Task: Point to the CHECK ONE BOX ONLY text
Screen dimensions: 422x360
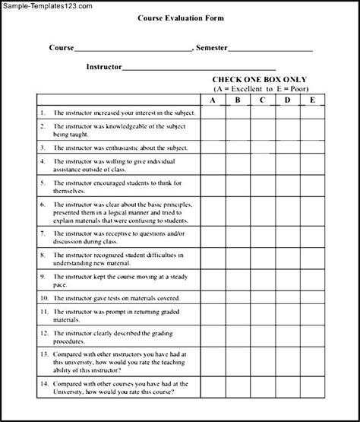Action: point(261,79)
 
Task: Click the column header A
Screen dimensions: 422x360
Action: point(213,99)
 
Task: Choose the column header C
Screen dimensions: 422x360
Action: point(261,99)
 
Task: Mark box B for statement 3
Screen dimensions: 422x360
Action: point(237,147)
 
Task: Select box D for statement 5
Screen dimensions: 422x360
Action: point(287,186)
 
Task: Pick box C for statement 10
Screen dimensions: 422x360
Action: point(261,299)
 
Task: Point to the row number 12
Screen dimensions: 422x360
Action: point(44,332)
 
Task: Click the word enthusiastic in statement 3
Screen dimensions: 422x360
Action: point(128,147)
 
